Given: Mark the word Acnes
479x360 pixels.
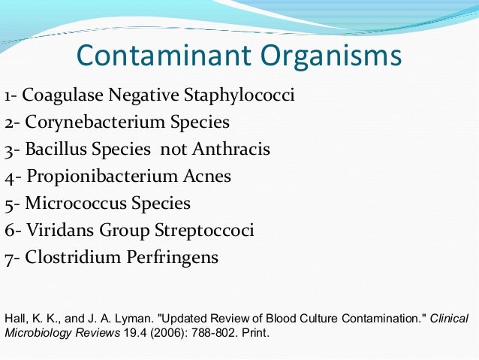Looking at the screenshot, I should (206, 177).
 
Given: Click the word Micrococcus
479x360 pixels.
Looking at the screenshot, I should (71, 203).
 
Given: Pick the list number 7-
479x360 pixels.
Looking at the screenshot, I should (13, 257).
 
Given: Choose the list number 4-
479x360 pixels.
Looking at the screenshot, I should (14, 177).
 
